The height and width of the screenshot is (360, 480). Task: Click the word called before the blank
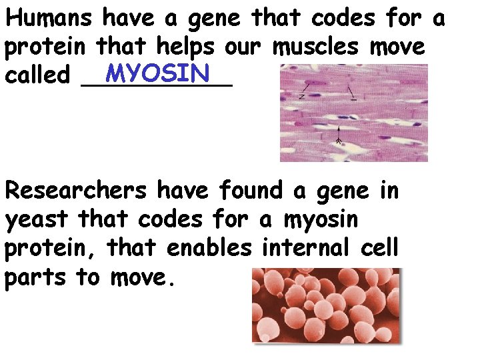(x=37, y=75)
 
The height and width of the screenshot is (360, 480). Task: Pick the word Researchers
(x=75, y=191)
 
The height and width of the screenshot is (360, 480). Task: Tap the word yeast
(x=37, y=219)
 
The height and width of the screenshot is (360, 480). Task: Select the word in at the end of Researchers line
(x=389, y=191)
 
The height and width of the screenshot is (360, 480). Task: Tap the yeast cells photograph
(x=327, y=305)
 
